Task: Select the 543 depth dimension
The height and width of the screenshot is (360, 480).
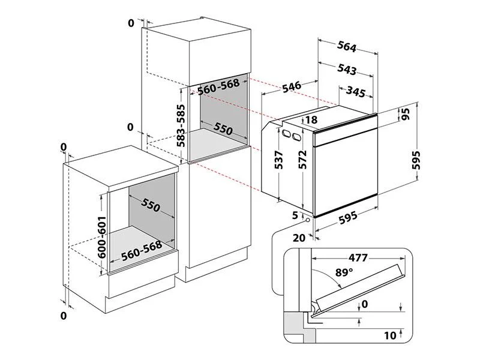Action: pos(347,70)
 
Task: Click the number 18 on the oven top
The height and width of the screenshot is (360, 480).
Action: pos(311,120)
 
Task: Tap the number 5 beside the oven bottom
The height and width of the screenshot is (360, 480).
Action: pos(295,215)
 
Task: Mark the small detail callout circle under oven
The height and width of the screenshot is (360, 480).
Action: pos(308,220)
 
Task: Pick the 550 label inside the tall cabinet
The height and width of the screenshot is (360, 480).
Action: pos(223,128)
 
